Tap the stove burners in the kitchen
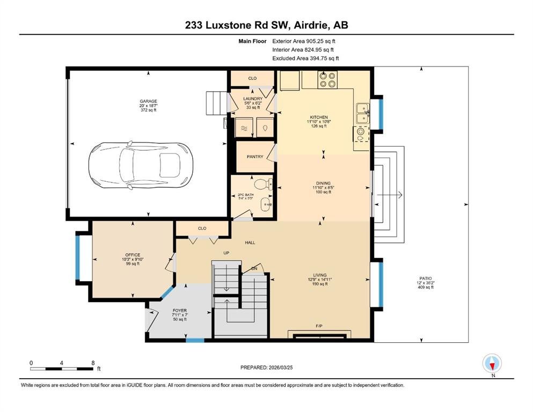pos(327,80)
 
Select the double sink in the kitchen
pos(363,113)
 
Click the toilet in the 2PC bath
pos(263,185)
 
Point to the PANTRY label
pos(255,157)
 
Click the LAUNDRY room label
pos(253,99)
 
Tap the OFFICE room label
pos(133,255)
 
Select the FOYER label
pos(180,311)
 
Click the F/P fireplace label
pos(319,326)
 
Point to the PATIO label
pos(426,278)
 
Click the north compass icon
pos(492,363)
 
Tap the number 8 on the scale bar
pos(93,363)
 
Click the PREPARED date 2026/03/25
pos(281,367)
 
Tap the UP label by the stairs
pos(227,253)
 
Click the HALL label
pos(250,242)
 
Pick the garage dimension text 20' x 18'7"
pos(149,106)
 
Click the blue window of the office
pos(78,257)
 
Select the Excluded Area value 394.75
pos(319,58)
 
